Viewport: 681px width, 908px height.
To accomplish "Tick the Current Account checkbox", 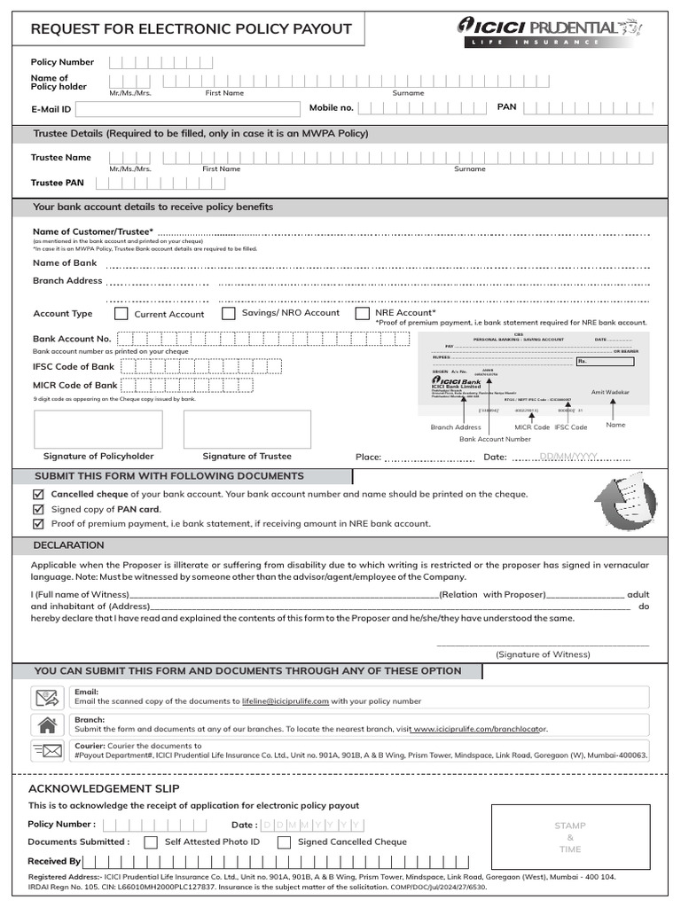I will (121, 314).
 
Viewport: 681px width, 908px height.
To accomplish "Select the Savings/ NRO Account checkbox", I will (229, 313).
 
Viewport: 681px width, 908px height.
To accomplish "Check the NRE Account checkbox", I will (362, 313).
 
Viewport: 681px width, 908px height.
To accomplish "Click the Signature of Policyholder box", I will (98, 429).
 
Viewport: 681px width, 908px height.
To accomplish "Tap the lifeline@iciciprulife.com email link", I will (286, 701).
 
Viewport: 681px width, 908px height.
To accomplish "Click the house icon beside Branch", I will (47, 724).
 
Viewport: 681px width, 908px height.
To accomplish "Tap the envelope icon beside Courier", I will (47, 751).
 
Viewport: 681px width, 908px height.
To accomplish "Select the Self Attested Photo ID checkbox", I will (151, 842).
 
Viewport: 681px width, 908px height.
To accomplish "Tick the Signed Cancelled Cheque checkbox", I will (284, 842).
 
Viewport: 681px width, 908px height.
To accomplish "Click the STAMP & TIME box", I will (570, 837).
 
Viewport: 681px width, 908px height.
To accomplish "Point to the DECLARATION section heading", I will (68, 545).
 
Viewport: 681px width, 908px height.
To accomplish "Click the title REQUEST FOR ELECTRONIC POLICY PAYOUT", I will (191, 29).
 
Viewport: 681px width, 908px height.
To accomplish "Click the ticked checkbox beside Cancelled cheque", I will (37, 494).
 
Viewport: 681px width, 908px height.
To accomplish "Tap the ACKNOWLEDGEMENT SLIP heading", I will (104, 788).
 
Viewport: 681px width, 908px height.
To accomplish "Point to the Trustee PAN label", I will (58, 183).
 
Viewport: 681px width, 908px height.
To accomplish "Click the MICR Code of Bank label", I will (75, 386).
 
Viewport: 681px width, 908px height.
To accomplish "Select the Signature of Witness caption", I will (543, 654).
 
